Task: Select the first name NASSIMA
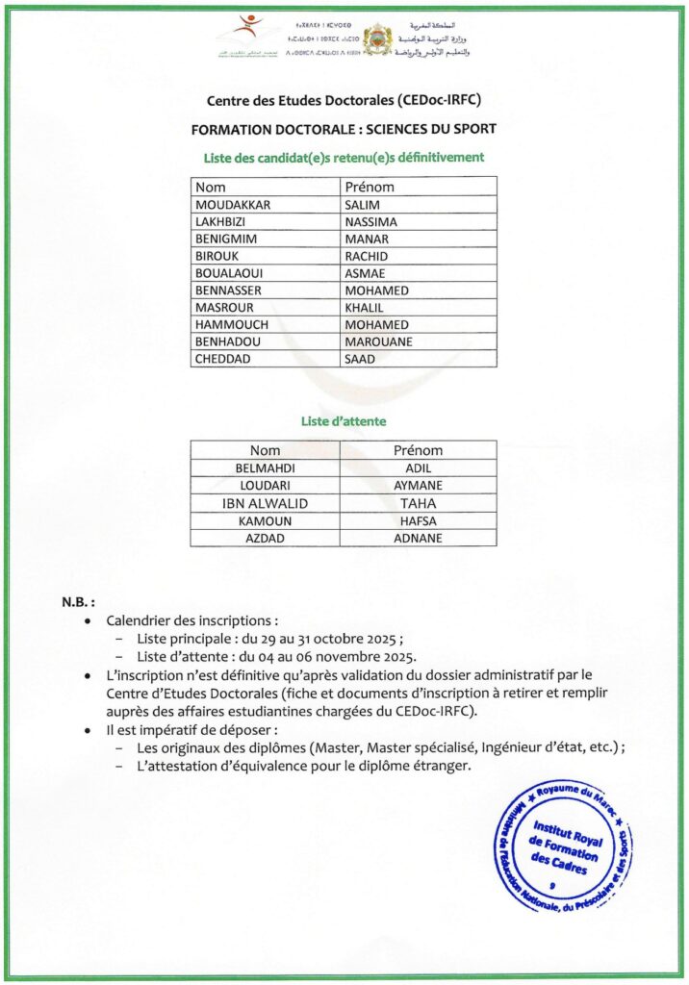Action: [370, 222]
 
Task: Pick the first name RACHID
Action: [367, 257]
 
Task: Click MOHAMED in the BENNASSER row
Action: [376, 290]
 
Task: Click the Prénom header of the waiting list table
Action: [418, 450]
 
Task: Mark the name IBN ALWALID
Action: [265, 503]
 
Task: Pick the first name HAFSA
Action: [418, 520]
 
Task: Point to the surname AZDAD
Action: [265, 538]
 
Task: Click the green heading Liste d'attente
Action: [344, 421]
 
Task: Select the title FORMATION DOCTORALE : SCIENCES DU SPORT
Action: [344, 129]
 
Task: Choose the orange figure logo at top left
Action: [251, 26]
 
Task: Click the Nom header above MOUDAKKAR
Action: [211, 188]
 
